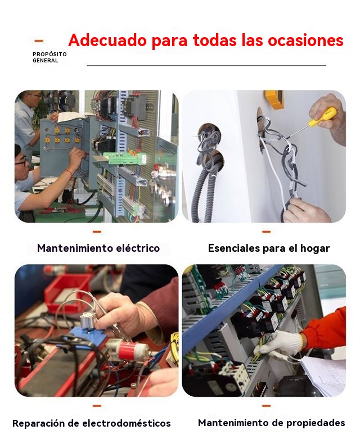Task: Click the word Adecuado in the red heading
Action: (107, 40)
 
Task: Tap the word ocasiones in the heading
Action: (305, 40)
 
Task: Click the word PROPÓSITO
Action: (49, 55)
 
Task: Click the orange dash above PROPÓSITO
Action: (39, 41)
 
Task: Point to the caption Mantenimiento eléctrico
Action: (98, 248)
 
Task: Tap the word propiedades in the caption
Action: (316, 423)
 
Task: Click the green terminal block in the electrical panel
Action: (125, 158)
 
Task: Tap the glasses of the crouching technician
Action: (22, 162)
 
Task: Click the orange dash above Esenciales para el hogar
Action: (266, 232)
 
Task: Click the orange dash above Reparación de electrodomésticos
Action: (97, 406)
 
